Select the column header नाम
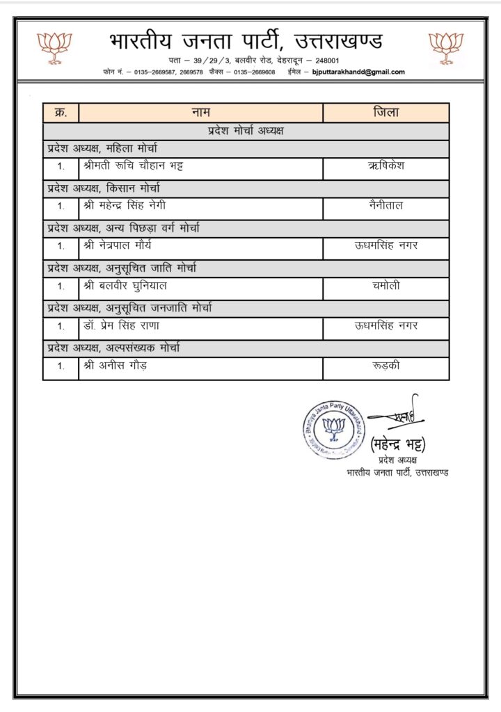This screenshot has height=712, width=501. [x=201, y=113]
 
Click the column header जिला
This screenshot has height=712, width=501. [x=386, y=113]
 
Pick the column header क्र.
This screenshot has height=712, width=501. [x=61, y=113]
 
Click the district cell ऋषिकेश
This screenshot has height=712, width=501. [x=386, y=166]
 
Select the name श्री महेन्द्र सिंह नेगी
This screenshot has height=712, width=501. [x=125, y=206]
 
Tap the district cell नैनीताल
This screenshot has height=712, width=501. [x=386, y=206]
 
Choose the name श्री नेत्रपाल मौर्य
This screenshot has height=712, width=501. [x=116, y=245]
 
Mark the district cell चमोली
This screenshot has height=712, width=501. [x=386, y=285]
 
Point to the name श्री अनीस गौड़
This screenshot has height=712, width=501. [x=115, y=365]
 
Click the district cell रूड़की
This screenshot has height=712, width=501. [x=386, y=365]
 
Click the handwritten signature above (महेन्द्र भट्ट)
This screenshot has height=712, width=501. [x=395, y=414]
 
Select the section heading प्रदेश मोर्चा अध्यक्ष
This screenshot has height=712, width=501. [x=246, y=130]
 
